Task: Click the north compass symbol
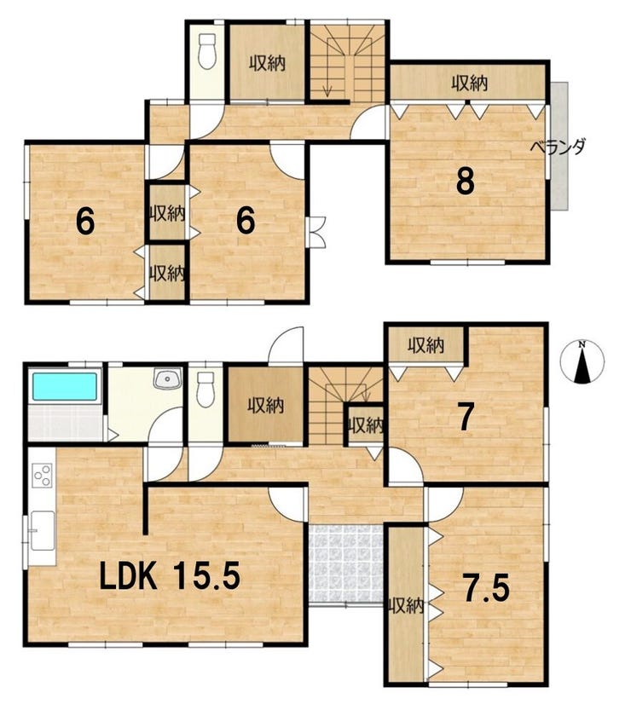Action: (582, 361)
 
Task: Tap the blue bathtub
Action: (65, 386)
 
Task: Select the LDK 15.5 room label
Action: (170, 576)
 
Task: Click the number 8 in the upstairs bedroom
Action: (466, 181)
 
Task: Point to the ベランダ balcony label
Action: (558, 147)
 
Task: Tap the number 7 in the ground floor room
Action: (466, 418)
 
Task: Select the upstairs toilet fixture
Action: (207, 52)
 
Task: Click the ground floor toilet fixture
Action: (206, 390)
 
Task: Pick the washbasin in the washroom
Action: (168, 378)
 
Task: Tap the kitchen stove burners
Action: (42, 475)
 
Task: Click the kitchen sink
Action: (42, 531)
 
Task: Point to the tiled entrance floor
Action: (346, 563)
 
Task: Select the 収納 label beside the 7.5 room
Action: (406, 606)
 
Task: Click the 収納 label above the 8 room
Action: (470, 84)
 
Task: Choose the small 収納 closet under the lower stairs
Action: (365, 425)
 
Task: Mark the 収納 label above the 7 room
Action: (425, 345)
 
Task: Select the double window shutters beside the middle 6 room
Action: (316, 232)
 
